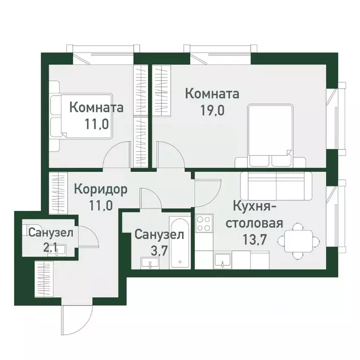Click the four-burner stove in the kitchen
(204, 224)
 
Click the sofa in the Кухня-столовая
(275, 185)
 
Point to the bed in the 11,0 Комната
(82, 115)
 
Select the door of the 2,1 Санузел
(89, 237)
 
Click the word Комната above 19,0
(212, 93)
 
